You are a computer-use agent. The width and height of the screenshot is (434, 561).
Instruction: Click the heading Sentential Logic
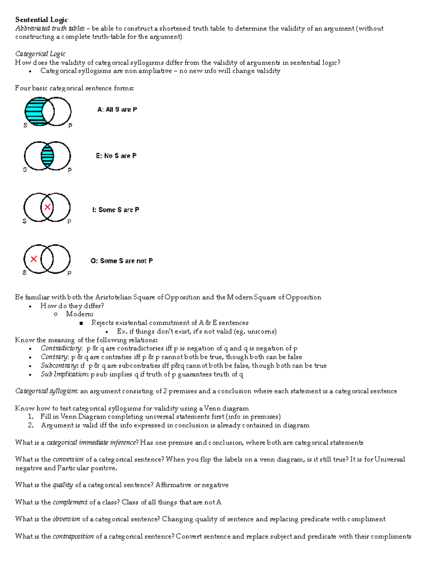41,20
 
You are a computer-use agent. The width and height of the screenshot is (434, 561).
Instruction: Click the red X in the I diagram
47,207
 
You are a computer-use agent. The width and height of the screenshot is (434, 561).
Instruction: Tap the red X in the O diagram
34,259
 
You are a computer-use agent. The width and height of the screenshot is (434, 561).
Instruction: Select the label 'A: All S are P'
117,109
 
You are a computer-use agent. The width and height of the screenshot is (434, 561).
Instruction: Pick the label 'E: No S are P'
116,156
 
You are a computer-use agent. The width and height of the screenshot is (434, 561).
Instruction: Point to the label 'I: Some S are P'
115,210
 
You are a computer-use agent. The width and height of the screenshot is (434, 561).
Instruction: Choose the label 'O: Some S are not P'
122,261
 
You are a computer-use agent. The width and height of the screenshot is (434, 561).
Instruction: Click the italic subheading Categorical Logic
40,54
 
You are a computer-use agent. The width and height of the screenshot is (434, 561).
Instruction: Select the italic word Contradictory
61,349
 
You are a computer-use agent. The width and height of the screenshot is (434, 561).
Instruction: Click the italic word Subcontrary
59,366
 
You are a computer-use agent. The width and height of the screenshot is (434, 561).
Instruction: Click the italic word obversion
66,519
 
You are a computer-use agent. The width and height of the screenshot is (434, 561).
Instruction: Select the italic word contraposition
73,536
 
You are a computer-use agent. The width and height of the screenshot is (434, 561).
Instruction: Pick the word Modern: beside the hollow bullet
80,314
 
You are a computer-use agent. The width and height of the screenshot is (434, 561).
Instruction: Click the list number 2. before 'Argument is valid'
31,426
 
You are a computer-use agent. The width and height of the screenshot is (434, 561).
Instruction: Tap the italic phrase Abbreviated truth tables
50,29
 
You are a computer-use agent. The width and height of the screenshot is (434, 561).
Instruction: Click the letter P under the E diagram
70,170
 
